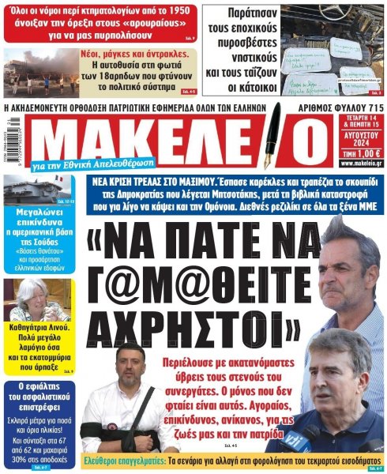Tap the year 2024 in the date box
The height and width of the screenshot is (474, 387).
[x=360, y=143]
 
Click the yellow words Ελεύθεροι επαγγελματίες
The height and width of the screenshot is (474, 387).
[x=128, y=459]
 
